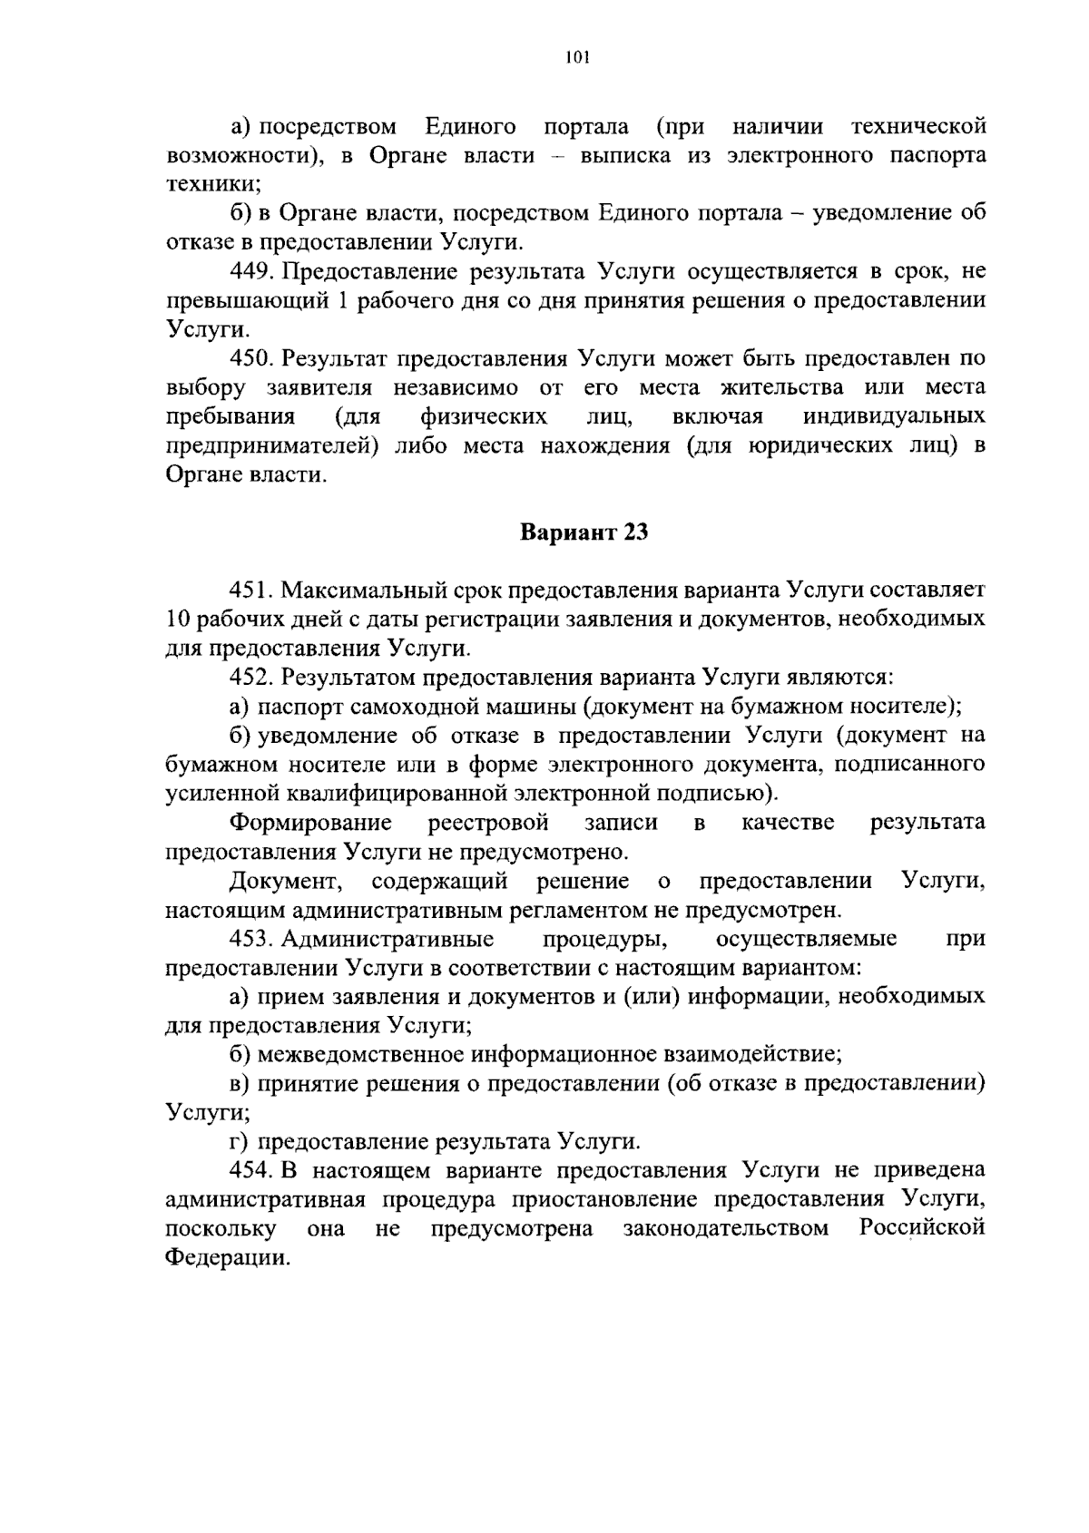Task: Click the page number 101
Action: coord(577,58)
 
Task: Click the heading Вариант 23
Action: coord(584,532)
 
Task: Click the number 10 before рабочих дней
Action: coord(178,620)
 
